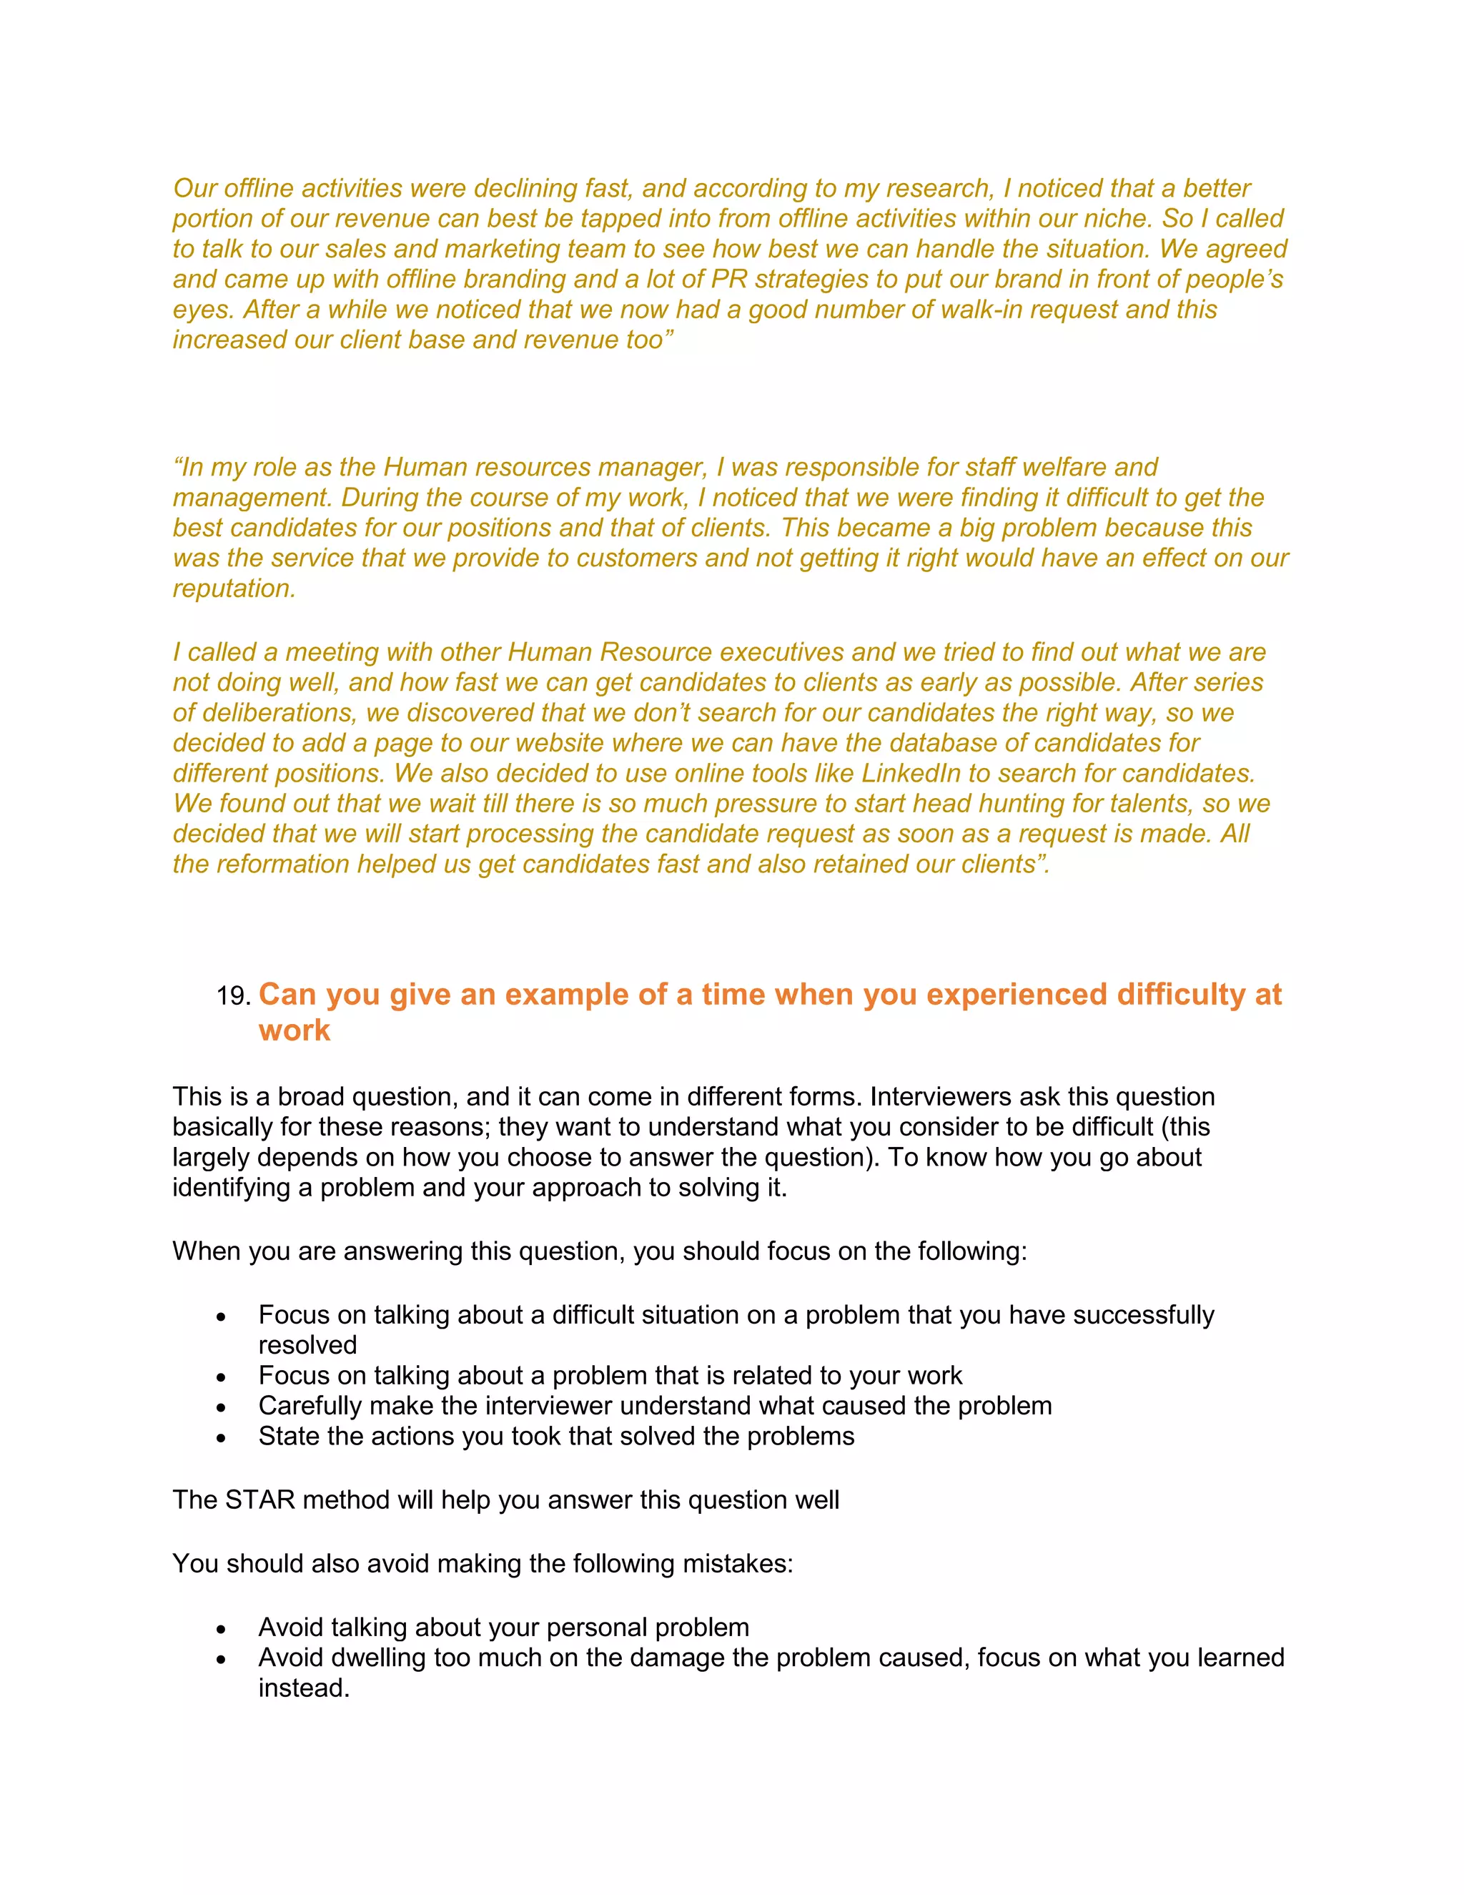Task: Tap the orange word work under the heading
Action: pos(294,1030)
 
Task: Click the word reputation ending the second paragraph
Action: pos(232,589)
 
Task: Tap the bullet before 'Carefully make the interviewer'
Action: pos(222,1407)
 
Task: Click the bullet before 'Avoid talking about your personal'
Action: pos(222,1628)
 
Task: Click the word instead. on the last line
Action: pos(304,1688)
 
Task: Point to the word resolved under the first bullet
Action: pos(307,1345)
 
